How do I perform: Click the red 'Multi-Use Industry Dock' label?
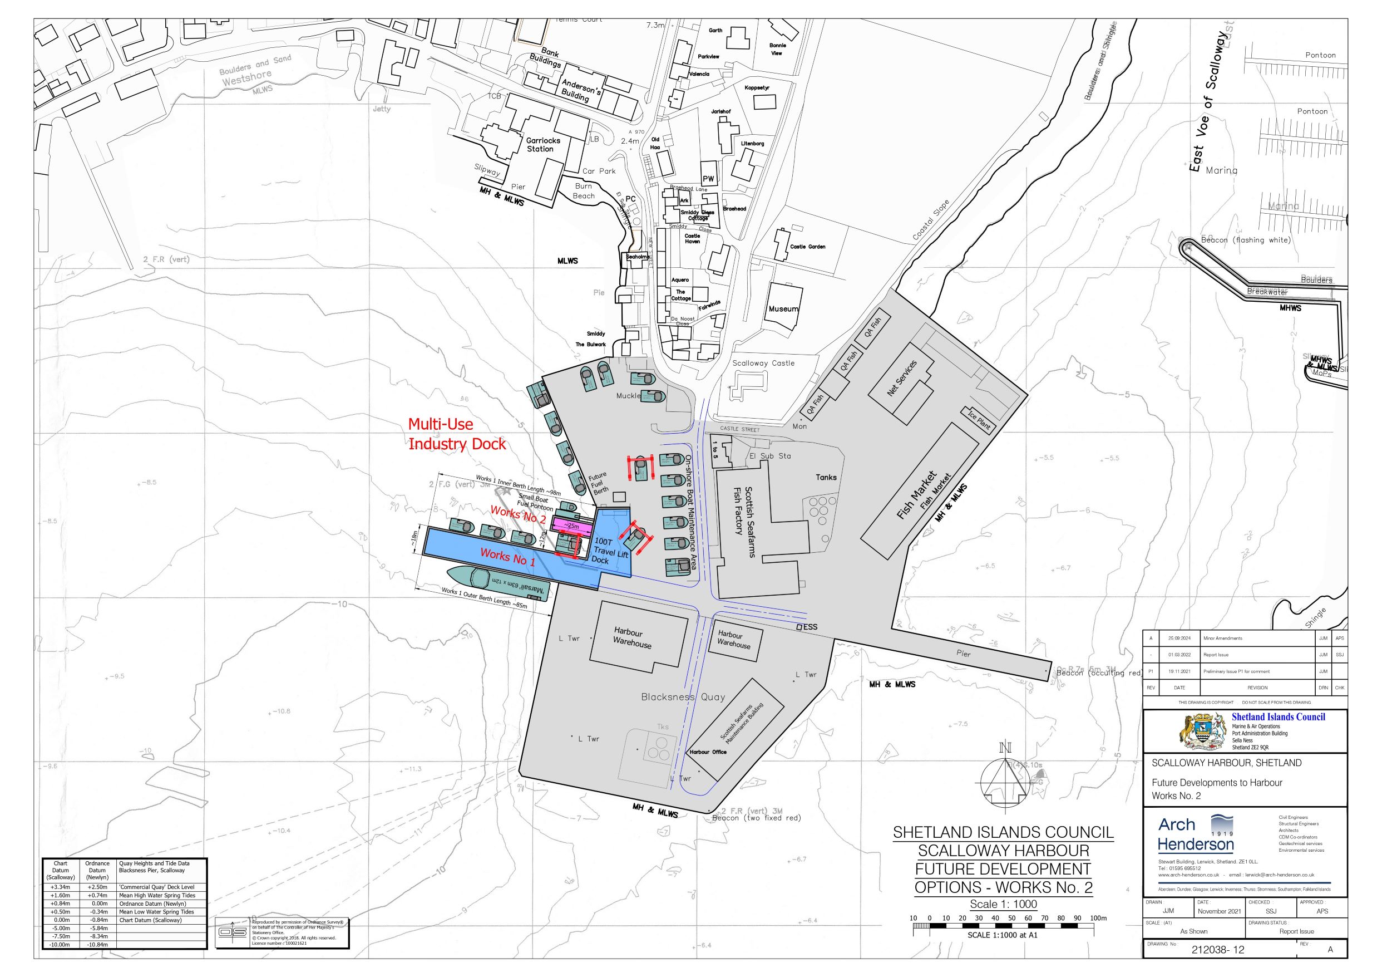click(x=457, y=434)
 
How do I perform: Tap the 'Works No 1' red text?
click(x=507, y=557)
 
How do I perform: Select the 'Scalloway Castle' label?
click(x=763, y=363)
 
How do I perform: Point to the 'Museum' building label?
click(x=783, y=309)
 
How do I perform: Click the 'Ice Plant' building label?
click(x=979, y=419)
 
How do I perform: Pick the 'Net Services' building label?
click(x=902, y=378)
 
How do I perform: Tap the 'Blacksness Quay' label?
click(x=683, y=697)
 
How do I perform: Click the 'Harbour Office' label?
click(x=708, y=752)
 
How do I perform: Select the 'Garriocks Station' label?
click(x=542, y=145)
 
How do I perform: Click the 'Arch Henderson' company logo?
click(x=1196, y=833)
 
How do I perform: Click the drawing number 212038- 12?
click(x=1218, y=950)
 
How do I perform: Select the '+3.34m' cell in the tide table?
click(x=60, y=887)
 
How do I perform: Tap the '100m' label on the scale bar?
click(x=1098, y=918)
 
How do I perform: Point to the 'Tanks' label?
click(x=826, y=477)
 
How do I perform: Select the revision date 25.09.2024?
click(x=1179, y=638)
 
